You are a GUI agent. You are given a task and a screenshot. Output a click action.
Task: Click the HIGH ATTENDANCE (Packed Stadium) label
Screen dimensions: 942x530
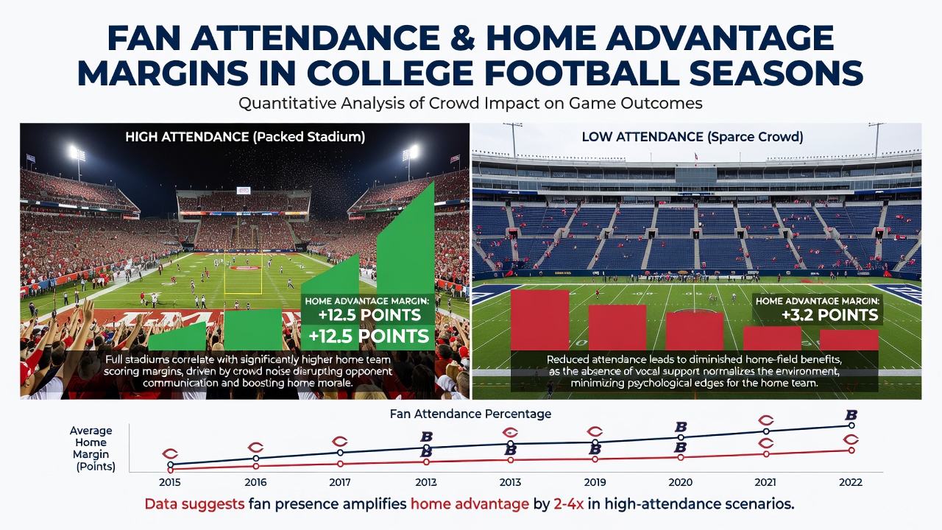pyautogui.click(x=245, y=137)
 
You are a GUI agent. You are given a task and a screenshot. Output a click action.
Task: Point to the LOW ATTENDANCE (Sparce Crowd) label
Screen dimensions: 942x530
pyautogui.click(x=693, y=137)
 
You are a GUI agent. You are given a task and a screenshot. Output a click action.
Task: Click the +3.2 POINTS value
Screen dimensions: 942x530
pyautogui.click(x=829, y=315)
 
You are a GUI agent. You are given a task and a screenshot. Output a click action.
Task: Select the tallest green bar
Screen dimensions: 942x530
pyautogui.click(x=406, y=265)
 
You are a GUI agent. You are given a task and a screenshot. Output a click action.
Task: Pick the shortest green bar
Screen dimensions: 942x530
pyautogui.click(x=177, y=336)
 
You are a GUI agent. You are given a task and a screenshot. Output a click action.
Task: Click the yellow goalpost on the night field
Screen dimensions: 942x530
pyautogui.click(x=243, y=273)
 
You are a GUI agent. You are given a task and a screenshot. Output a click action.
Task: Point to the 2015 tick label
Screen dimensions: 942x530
pyautogui.click(x=170, y=482)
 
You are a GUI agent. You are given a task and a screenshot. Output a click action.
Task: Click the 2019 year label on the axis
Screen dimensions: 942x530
pyautogui.click(x=595, y=482)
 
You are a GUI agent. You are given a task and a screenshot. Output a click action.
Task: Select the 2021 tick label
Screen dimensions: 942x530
pyautogui.click(x=765, y=482)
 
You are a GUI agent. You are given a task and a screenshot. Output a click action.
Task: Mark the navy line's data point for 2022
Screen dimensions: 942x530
pyautogui.click(x=851, y=425)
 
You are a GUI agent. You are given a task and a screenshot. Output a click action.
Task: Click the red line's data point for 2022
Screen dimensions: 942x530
pyautogui.click(x=851, y=451)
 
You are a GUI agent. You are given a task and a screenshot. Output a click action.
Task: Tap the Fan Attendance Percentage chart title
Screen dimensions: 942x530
pyautogui.click(x=470, y=414)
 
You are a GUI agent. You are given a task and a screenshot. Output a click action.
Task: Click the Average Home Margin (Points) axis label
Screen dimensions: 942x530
pyautogui.click(x=93, y=448)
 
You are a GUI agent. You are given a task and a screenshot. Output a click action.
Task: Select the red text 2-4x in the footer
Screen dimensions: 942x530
pyautogui.click(x=569, y=504)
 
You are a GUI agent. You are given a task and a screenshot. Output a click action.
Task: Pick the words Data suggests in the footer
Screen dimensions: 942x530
pyautogui.click(x=195, y=504)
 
